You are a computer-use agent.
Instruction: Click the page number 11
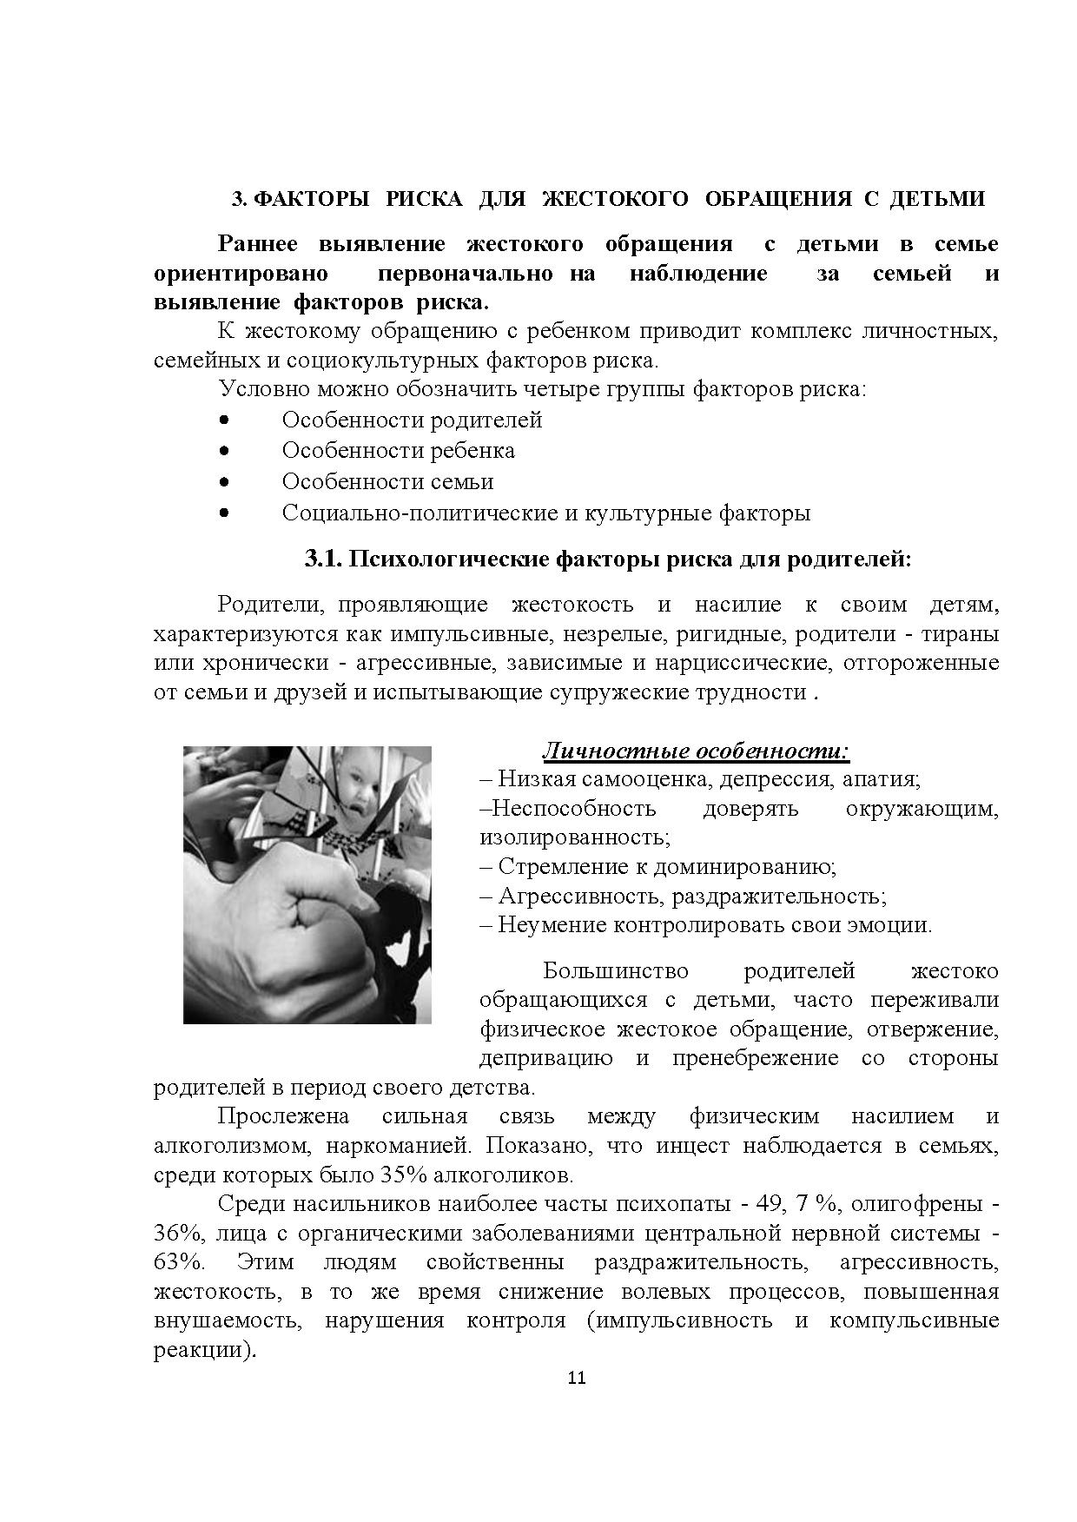pos(577,1378)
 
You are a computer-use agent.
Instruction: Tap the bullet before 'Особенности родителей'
pos(224,420)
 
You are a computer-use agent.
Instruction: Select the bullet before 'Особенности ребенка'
pos(224,451)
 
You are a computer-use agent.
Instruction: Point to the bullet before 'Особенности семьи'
pos(224,481)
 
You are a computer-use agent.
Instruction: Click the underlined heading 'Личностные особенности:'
pos(696,750)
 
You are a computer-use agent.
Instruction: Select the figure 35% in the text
pos(402,1175)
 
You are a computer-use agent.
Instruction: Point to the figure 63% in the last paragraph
pos(179,1262)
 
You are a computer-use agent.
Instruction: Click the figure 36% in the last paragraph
pos(179,1234)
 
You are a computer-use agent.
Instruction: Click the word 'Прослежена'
pos(283,1116)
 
